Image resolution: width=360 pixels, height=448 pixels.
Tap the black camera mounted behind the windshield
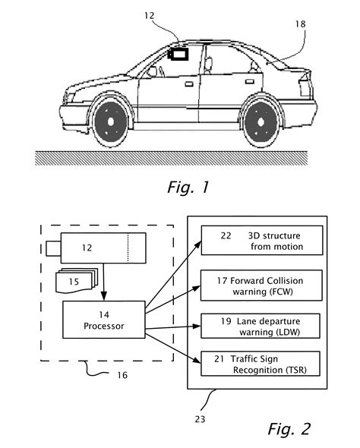180,55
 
